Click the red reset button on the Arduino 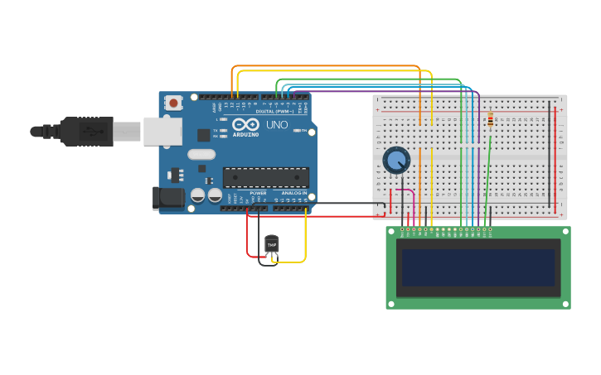pos(173,103)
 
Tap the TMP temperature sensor pos(271,244)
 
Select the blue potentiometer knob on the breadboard pos(396,160)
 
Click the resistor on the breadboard pos(490,121)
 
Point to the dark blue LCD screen pos(477,267)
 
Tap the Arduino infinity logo pos(245,125)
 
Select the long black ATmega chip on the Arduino pos(265,177)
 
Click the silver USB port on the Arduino pos(162,131)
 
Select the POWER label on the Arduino pos(258,193)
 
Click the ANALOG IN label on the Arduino pos(293,193)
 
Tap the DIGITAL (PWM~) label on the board pos(274,110)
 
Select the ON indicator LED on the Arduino pos(304,131)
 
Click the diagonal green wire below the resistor pos(487,166)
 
